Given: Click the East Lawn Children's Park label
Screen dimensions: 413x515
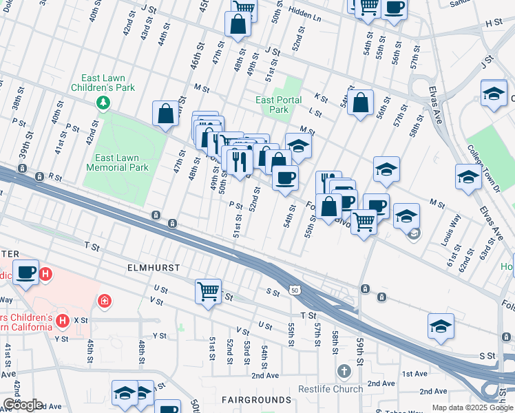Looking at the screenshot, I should [x=103, y=83].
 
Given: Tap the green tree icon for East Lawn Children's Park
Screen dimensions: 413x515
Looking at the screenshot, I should [x=103, y=103].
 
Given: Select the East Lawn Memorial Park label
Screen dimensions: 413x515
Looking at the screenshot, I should [x=118, y=162].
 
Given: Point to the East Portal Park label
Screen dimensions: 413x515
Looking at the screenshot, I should [x=278, y=105].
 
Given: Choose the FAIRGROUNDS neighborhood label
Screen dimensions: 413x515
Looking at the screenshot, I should [x=256, y=400].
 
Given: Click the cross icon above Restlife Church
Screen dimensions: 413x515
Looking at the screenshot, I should [x=344, y=372].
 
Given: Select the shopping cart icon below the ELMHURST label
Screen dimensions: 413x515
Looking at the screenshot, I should [x=208, y=291].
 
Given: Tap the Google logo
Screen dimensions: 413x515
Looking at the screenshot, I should [x=22, y=405].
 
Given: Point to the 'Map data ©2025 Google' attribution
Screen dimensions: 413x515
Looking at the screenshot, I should [x=472, y=407].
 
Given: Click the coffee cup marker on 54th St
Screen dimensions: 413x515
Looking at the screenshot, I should [x=284, y=178].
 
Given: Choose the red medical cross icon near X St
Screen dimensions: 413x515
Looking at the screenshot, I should [x=104, y=301].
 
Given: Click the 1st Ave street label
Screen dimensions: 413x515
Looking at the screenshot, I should [x=414, y=374].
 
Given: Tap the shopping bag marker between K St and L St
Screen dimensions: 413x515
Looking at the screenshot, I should [x=360, y=103].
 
